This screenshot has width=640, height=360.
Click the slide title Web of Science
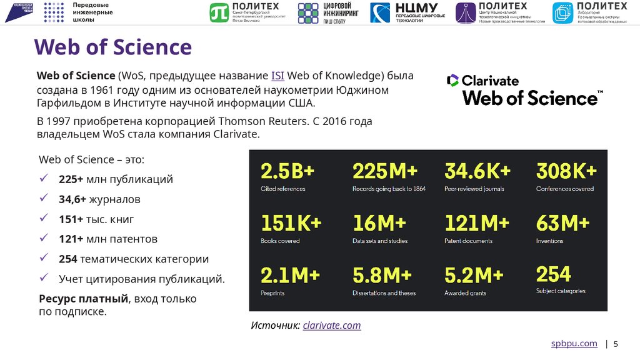point(112,47)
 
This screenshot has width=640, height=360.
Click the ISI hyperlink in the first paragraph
point(277,76)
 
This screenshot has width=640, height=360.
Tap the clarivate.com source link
point(331,325)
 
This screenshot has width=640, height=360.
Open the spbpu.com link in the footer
point(574,344)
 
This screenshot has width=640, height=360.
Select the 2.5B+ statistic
point(287,171)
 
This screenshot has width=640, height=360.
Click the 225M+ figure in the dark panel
point(384,171)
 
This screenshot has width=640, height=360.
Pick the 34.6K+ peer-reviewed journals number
point(477,171)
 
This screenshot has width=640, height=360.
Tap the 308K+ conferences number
point(566,171)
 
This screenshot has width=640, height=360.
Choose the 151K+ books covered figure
point(291,223)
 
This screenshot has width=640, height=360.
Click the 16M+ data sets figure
point(379,223)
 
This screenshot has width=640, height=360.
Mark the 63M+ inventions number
point(562,223)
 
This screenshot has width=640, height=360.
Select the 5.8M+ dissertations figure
point(382,275)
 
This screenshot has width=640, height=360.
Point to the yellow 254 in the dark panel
point(553,274)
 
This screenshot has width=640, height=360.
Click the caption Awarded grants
point(465,293)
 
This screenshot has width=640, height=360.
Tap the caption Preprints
point(272,293)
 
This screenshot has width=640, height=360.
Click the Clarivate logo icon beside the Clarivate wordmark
point(452,80)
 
